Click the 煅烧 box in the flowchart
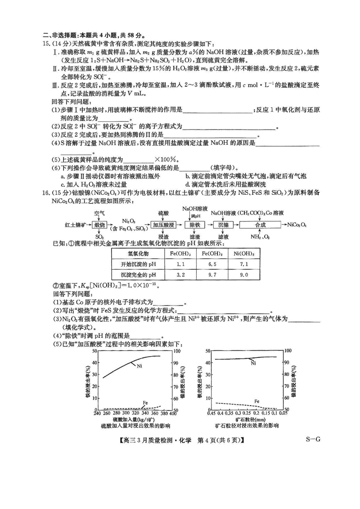pos(99,225)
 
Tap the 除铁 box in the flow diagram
pos(194,225)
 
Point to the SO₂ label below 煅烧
pos(99,237)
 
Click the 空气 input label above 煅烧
pos(99,212)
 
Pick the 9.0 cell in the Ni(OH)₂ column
pos(243,275)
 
